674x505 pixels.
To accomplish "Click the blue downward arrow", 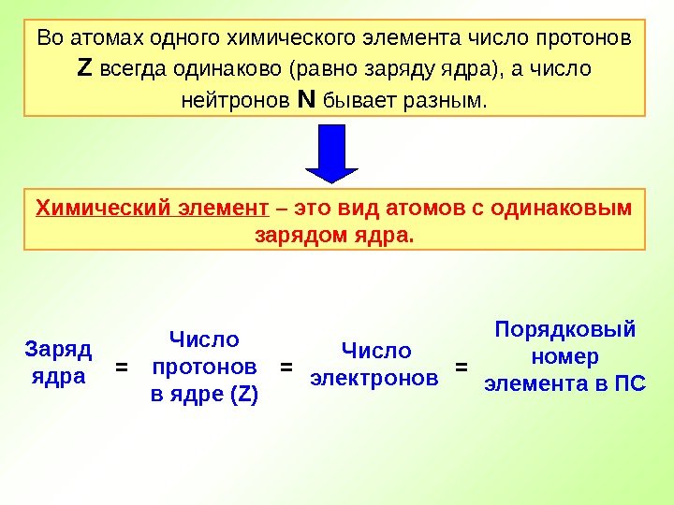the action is (332, 152).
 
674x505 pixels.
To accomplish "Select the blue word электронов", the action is (374, 379).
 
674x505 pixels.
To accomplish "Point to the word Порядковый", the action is (564, 330).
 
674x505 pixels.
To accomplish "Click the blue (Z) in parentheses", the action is (242, 395).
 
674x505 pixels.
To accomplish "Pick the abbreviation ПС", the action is (630, 383).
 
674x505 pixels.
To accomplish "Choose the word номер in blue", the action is (564, 356).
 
